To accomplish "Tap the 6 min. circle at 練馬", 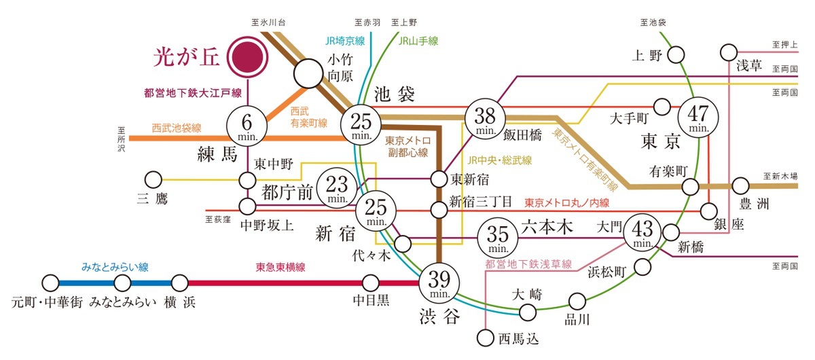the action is pyautogui.click(x=247, y=125).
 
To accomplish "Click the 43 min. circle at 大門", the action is pyautogui.click(x=642, y=233).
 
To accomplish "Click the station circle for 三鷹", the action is pyautogui.click(x=154, y=180).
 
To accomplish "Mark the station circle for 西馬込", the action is pyautogui.click(x=486, y=336).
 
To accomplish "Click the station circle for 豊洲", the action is pyautogui.click(x=741, y=185).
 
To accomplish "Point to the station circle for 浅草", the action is pyautogui.click(x=729, y=51).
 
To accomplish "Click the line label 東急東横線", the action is pyautogui.click(x=280, y=268).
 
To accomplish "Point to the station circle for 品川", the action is pyautogui.click(x=577, y=301).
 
